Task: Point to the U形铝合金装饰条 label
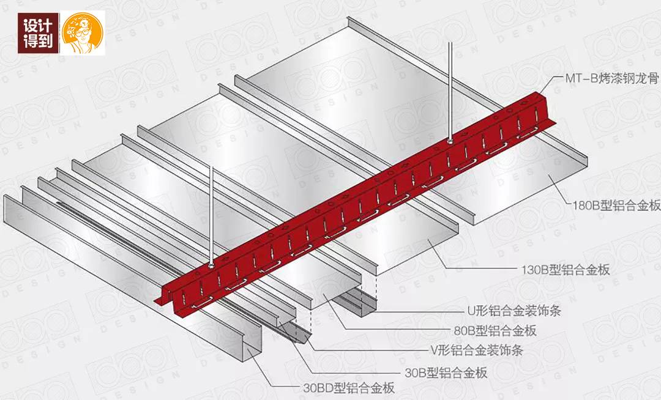point(510,311)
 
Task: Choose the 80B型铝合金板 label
point(489,331)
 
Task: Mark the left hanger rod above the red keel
point(211,214)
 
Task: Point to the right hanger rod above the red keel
point(450,92)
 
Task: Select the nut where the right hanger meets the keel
point(450,141)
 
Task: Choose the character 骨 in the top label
point(652,79)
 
